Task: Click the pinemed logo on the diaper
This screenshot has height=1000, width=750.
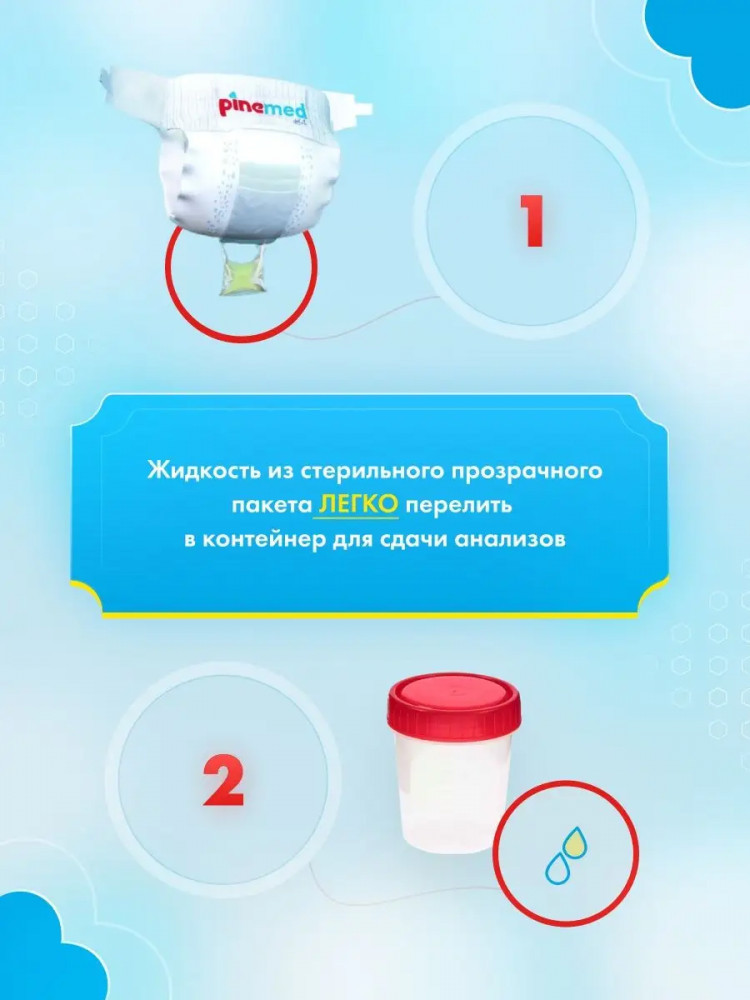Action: click(263, 107)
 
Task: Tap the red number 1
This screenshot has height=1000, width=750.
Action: click(531, 221)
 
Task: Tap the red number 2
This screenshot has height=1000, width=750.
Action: click(223, 780)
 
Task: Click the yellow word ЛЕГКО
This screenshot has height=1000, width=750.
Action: click(358, 504)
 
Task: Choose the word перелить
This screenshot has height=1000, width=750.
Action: click(459, 506)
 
